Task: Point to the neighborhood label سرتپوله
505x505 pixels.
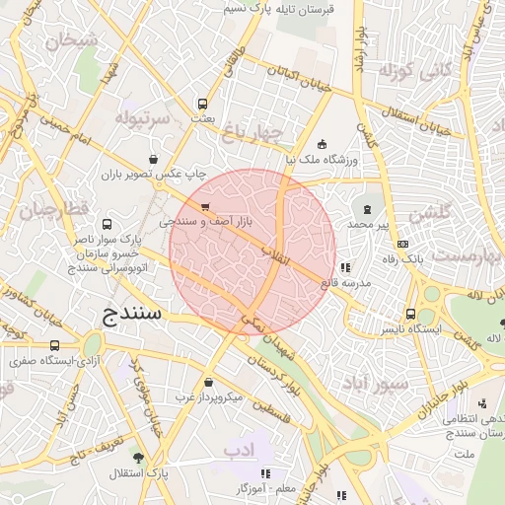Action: click(x=143, y=118)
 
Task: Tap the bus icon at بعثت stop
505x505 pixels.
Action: click(x=203, y=103)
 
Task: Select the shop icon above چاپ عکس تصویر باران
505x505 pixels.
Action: click(x=153, y=158)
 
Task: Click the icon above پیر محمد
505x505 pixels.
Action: click(x=368, y=209)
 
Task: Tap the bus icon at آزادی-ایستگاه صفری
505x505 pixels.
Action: click(x=53, y=346)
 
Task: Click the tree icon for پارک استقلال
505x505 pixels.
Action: click(x=137, y=459)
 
